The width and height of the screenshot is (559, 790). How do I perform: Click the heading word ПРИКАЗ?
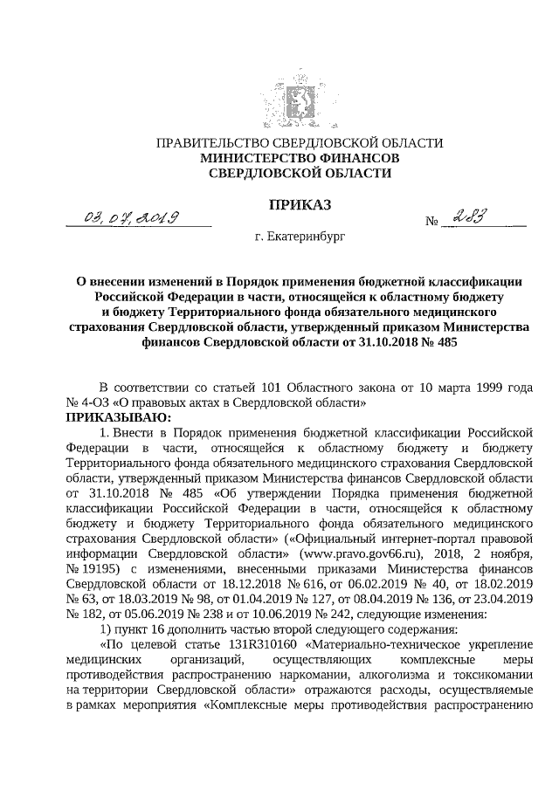299,206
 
